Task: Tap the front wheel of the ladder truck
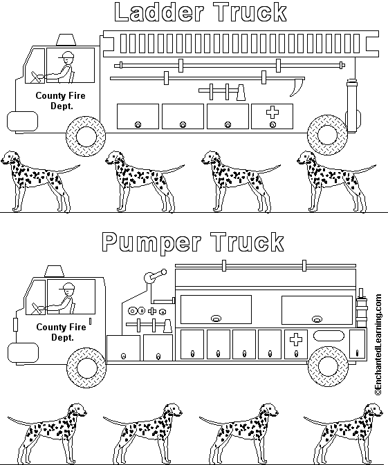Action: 86,135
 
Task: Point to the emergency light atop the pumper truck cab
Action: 57,271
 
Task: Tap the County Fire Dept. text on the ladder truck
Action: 61,101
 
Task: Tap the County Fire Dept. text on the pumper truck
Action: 61,332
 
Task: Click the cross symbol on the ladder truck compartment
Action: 272,113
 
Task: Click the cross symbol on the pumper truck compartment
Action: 295,339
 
